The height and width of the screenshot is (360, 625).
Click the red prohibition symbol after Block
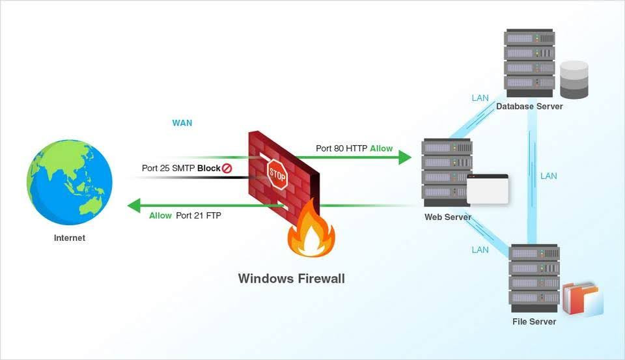(227, 168)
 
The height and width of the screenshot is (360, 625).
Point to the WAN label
(182, 123)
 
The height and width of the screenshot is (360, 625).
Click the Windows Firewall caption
(291, 279)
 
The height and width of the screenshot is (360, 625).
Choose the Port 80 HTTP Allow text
(354, 148)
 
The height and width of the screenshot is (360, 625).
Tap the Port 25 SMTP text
(168, 168)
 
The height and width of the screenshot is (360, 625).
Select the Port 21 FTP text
(199, 215)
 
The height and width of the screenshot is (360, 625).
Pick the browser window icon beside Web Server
(488, 189)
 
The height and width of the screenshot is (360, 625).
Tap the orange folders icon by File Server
(582, 299)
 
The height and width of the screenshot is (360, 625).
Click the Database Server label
(529, 107)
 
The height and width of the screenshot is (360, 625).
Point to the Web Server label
(448, 217)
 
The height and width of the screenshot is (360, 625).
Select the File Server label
(534, 322)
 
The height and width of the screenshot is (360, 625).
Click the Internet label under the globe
(70, 238)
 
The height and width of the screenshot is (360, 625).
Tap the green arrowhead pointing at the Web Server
(404, 157)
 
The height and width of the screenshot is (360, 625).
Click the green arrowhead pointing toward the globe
(134, 206)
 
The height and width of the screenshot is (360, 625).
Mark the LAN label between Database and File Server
(549, 176)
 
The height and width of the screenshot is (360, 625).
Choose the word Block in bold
(208, 168)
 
